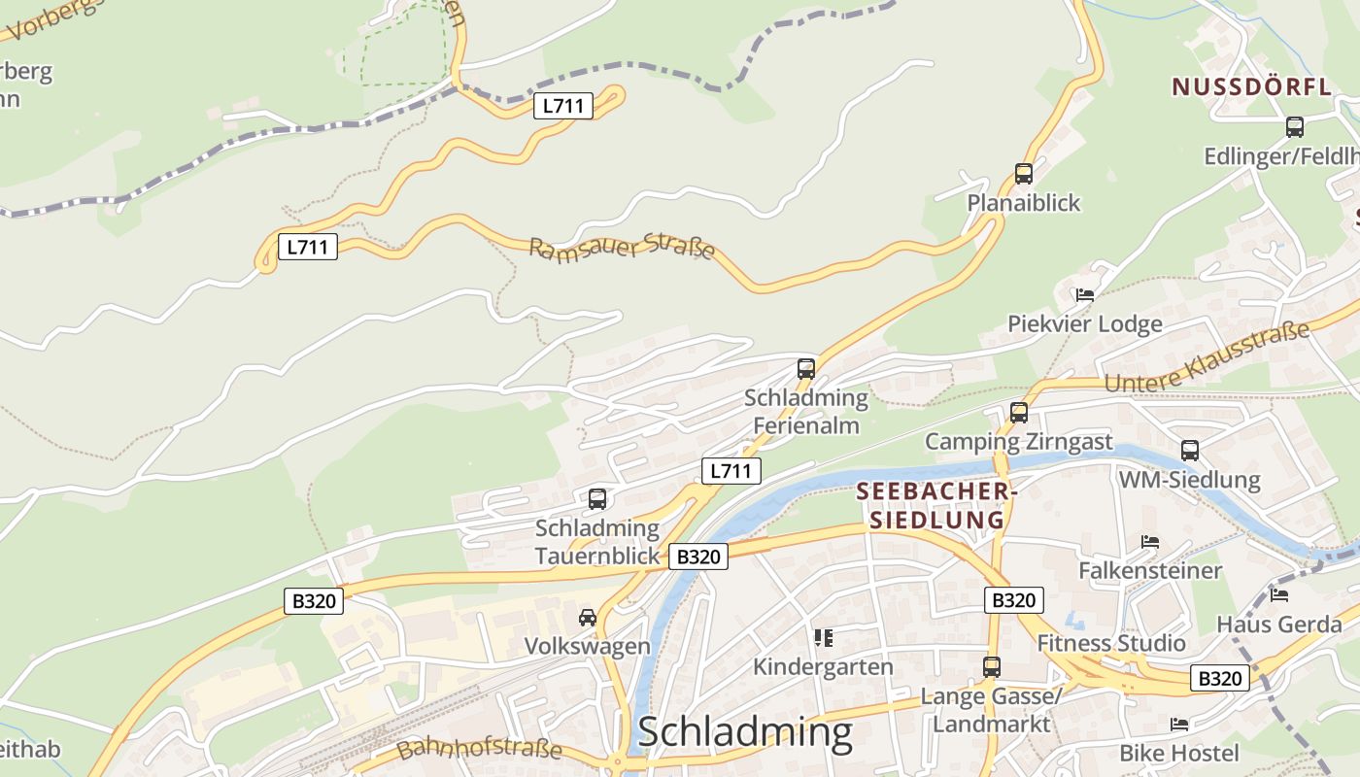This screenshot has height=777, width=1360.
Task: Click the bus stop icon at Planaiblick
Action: [1023, 174]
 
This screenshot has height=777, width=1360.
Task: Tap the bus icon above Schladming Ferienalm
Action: [805, 369]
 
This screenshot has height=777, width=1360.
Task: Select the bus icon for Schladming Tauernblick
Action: [596, 499]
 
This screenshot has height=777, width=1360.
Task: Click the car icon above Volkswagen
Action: [587, 618]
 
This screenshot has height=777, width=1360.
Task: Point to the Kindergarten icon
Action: [824, 638]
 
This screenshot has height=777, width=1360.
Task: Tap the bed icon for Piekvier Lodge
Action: [1085, 295]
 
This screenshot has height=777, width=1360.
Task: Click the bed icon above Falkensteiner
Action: [1150, 542]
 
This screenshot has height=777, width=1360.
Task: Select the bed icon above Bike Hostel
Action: [1179, 725]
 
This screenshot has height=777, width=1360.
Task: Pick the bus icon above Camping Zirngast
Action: [1018, 413]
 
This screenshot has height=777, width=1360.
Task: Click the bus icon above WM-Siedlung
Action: [1189, 451]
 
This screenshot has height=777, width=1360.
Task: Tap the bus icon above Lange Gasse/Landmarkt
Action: [991, 667]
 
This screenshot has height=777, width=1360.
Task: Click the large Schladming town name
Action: [745, 732]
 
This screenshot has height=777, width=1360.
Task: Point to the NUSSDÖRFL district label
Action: [1251, 86]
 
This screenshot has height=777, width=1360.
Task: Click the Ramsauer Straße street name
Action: [622, 249]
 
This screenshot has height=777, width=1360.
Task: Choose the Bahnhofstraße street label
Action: [479, 749]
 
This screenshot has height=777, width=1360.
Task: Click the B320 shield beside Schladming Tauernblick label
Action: [697, 557]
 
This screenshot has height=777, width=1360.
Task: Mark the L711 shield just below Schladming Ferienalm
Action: [731, 471]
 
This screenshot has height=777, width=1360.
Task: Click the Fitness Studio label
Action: [1111, 643]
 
